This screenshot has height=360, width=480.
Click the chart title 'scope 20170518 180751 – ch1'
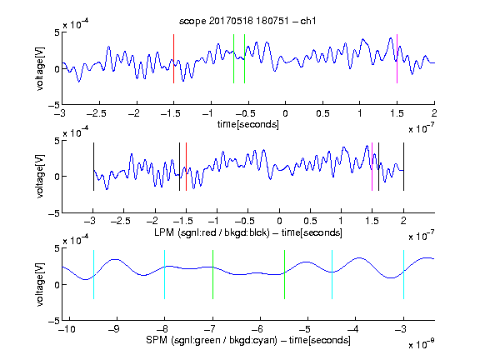pyautogui.click(x=247, y=21)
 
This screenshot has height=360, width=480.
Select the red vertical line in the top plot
pyautogui.click(x=173, y=58)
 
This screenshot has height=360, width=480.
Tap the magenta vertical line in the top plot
pyautogui.click(x=397, y=58)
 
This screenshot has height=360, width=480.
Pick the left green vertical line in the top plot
pyautogui.click(x=233, y=58)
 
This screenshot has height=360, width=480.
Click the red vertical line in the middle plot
pyautogui.click(x=186, y=167)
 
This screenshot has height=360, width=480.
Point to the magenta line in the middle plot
pyautogui.click(x=372, y=167)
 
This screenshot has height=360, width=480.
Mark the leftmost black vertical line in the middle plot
pyautogui.click(x=93, y=167)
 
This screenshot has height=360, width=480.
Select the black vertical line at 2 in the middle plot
pyautogui.click(x=403, y=167)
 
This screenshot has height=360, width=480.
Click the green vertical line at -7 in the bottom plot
pyautogui.click(x=212, y=274)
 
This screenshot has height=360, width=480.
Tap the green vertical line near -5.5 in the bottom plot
pyautogui.click(x=284, y=274)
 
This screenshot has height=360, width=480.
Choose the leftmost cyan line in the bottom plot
pyautogui.click(x=93, y=274)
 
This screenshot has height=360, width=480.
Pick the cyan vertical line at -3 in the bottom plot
pyautogui.click(x=403, y=274)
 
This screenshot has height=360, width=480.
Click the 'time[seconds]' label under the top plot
pyautogui.click(x=248, y=124)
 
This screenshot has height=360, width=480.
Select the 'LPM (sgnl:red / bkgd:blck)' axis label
pyautogui.click(x=212, y=232)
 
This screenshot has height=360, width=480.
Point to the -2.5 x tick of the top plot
pyautogui.click(x=96, y=113)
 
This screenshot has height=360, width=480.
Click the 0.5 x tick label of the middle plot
pyautogui.click(x=310, y=221)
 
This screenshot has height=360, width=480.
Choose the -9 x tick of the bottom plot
pyautogui.click(x=114, y=329)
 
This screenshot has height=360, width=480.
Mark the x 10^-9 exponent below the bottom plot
pyautogui.click(x=421, y=344)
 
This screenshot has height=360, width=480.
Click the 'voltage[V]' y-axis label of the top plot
pyautogui.click(x=40, y=68)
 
